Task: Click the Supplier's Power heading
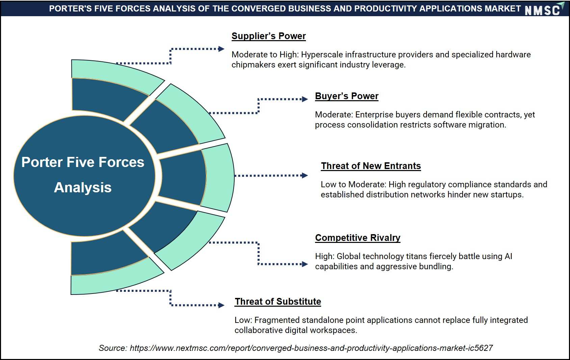pos(268,36)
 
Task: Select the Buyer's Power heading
pos(346,96)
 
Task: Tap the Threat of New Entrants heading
pos(371,166)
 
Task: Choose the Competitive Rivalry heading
pos(358,238)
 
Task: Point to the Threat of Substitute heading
pos(278,302)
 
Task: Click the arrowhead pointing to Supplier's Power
pos(222,49)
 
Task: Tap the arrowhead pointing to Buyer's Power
pos(305,99)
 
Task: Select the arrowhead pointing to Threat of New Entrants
pos(305,175)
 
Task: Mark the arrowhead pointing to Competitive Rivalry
pos(305,264)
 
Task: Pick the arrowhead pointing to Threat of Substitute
pos(222,305)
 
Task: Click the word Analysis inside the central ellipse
pos(83,188)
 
